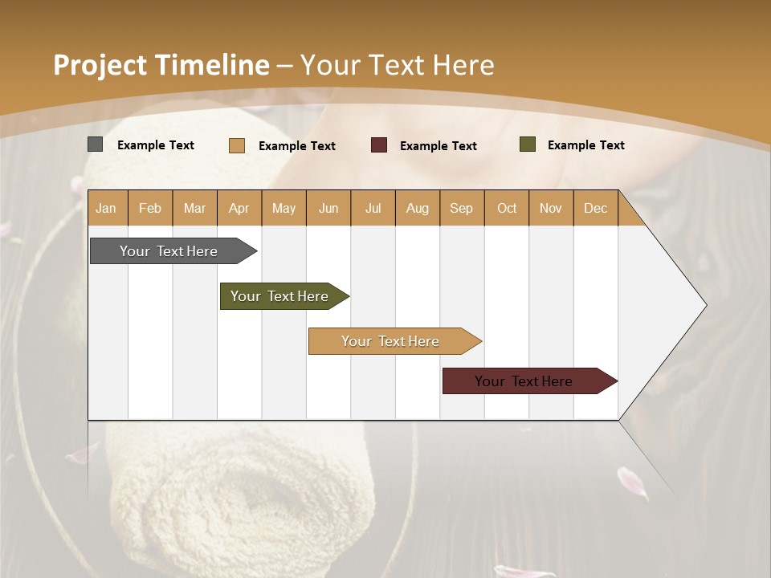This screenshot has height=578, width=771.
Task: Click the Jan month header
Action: [106, 209]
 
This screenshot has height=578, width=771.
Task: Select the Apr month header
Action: [239, 209]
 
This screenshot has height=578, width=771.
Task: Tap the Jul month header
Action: [373, 209]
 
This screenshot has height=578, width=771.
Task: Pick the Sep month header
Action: [461, 209]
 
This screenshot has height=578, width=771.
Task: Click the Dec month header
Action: [595, 209]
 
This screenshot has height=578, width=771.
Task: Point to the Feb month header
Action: [150, 209]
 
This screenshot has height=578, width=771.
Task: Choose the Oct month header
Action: [507, 209]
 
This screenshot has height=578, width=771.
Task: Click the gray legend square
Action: [95, 144]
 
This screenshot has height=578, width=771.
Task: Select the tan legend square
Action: [236, 145]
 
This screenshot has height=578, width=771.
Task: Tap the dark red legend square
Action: [378, 145]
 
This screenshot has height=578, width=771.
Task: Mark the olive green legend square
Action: [527, 144]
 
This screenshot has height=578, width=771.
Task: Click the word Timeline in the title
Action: [212, 65]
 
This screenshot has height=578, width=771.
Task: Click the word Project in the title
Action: [99, 65]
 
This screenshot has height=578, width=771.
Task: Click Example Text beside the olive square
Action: [585, 145]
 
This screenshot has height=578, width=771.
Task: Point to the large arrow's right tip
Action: [704, 305]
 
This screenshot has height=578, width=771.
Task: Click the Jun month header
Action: [328, 209]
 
